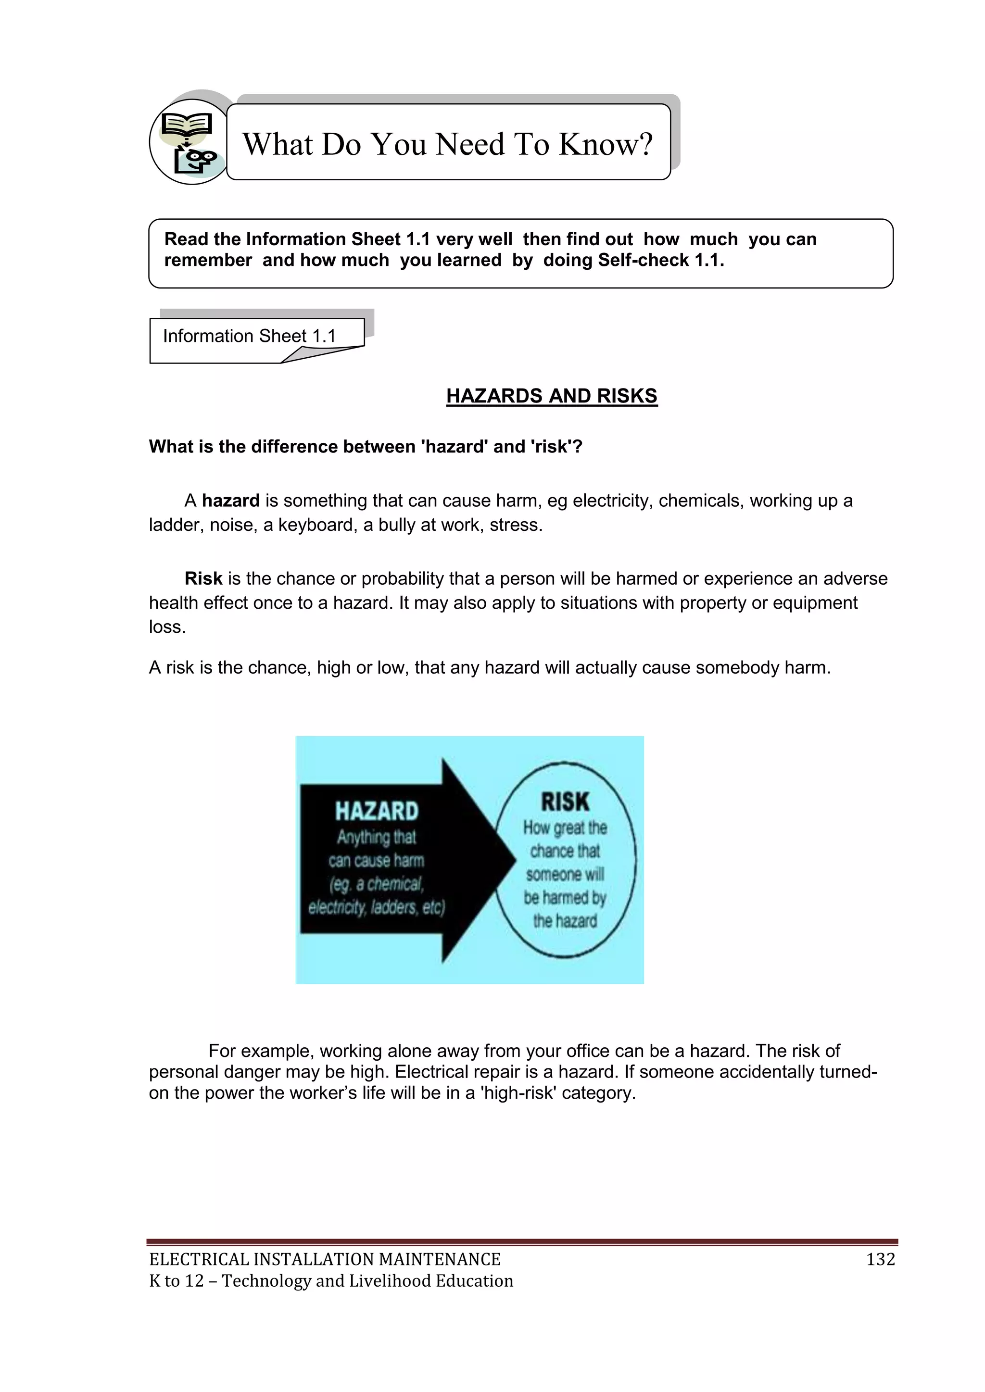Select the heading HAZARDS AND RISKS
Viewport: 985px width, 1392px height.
(551, 396)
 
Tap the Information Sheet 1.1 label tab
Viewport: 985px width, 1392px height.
(249, 336)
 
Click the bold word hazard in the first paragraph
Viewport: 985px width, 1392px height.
(230, 501)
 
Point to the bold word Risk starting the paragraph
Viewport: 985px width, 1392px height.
(204, 578)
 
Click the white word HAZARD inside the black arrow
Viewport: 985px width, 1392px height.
(377, 811)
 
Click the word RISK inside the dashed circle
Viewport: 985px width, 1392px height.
(565, 802)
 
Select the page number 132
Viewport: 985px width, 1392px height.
(881, 1260)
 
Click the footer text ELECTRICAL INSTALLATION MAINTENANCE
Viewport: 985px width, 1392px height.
(325, 1260)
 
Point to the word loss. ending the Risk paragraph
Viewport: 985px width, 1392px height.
(167, 627)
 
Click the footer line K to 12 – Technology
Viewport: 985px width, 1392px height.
(331, 1281)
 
